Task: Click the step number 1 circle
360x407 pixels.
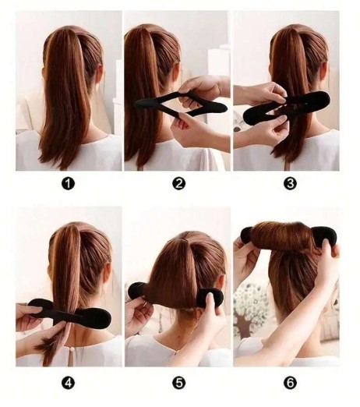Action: [x=68, y=183]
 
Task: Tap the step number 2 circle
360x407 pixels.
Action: [x=178, y=183]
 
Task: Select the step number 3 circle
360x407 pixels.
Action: [x=290, y=183]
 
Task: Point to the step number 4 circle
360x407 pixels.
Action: [x=68, y=383]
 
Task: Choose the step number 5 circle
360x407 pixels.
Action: [x=178, y=383]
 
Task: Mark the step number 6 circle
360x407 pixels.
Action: [x=290, y=383]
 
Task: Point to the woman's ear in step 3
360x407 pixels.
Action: [x=325, y=70]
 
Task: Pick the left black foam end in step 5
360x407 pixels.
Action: [x=138, y=292]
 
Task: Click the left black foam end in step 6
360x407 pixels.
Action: [x=247, y=235]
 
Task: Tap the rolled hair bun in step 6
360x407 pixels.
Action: [x=282, y=236]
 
